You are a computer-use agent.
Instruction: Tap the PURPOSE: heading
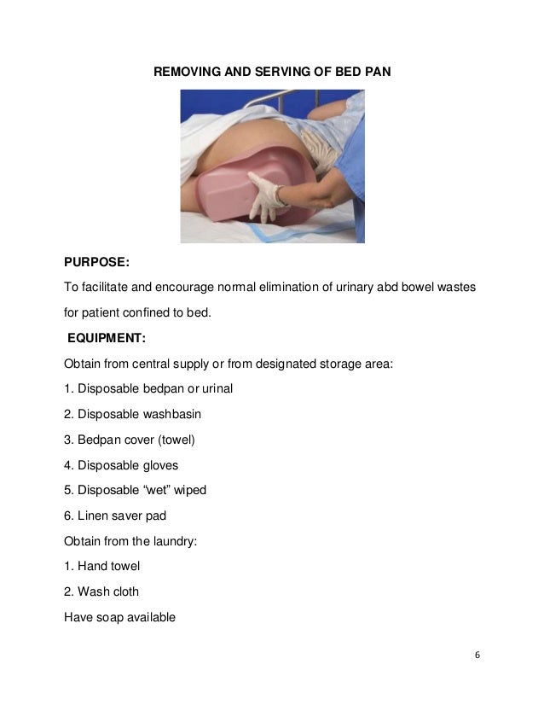pyautogui.click(x=96, y=263)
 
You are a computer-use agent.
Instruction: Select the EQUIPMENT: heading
pyautogui.click(x=107, y=338)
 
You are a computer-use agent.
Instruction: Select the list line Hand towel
pyautogui.click(x=102, y=566)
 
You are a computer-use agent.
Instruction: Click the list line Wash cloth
pyautogui.click(x=101, y=591)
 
